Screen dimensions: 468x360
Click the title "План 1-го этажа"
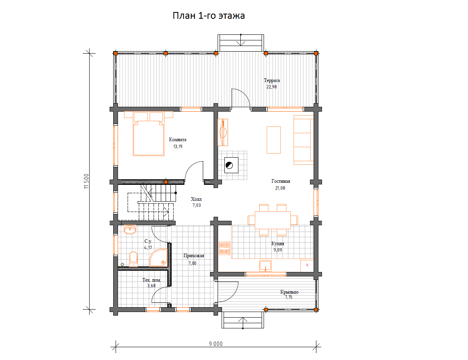pos(209,16)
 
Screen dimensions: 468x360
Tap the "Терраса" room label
pos(272,80)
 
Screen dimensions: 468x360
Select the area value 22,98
pos(272,87)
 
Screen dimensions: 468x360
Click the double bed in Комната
pos(149,134)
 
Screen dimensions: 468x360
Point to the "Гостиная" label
pos(280,181)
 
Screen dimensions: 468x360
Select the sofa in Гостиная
pos(304,140)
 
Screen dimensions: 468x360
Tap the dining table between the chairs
pos(273,220)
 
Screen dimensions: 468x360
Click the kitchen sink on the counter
pos(265,265)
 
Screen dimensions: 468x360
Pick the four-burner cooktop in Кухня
pos(225,248)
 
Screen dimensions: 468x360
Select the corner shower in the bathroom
pos(158,258)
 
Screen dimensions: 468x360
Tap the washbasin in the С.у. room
pos(130,230)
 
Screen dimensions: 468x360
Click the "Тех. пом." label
pos(152,280)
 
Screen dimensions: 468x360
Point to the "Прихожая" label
pos(194,256)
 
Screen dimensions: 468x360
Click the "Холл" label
pos(196,199)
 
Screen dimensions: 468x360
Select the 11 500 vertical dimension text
pos(86,181)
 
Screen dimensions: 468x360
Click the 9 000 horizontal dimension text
pos(216,344)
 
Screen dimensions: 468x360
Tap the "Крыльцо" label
pos(289,292)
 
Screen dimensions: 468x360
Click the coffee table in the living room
pos(274,140)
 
